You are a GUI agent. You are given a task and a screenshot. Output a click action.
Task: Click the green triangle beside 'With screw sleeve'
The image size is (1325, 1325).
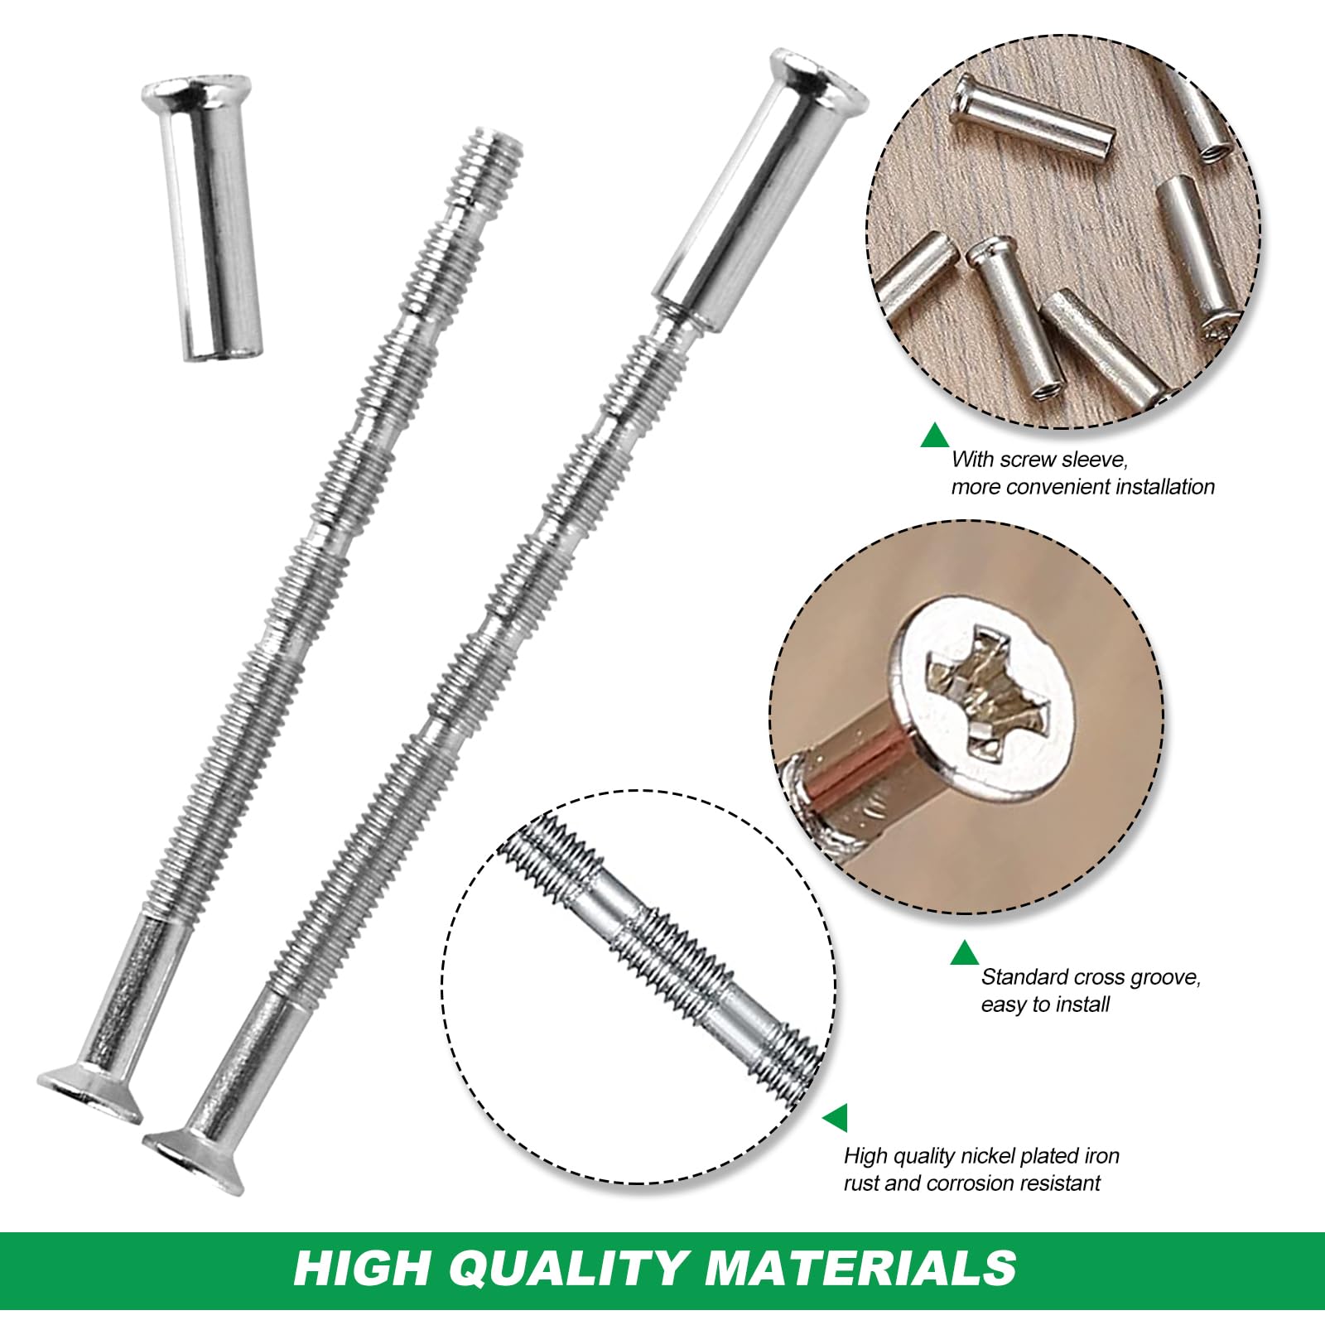(x=935, y=436)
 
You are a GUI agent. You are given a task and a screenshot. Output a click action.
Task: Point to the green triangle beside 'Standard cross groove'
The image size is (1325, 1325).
(x=964, y=953)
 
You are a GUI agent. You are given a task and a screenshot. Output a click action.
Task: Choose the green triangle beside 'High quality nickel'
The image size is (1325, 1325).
(x=836, y=1117)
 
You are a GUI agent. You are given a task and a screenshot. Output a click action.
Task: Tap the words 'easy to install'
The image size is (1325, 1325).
(x=1045, y=1005)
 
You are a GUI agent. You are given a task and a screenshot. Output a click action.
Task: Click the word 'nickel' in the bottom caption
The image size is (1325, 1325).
(x=985, y=1155)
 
